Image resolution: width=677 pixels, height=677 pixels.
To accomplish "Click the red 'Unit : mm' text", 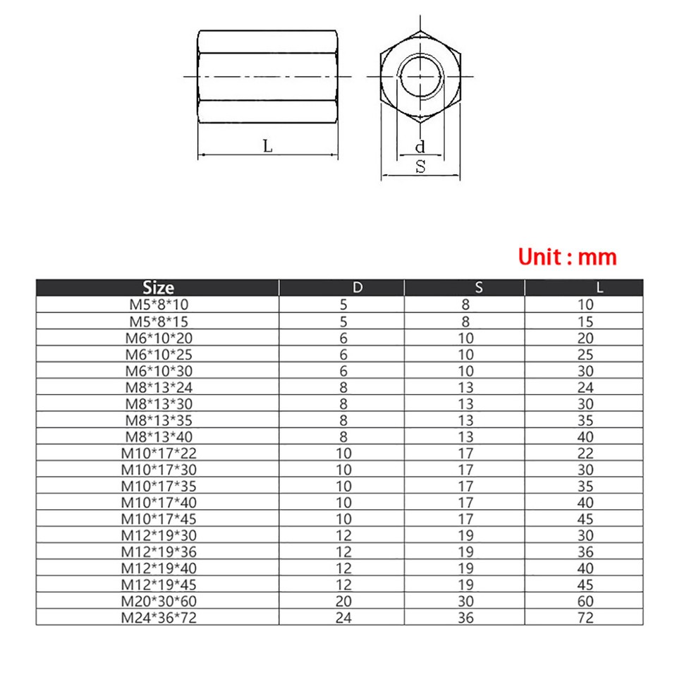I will (x=567, y=256).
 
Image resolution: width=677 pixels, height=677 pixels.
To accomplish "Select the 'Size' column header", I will (x=158, y=288).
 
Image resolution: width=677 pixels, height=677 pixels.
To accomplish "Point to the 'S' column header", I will (x=479, y=288).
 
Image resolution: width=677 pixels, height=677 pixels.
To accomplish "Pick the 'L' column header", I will (x=599, y=288).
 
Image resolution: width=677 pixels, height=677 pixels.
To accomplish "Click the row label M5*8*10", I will (x=158, y=305).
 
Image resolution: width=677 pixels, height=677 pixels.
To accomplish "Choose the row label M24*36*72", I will (x=158, y=618).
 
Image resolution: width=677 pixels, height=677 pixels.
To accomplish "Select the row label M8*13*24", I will (x=158, y=387).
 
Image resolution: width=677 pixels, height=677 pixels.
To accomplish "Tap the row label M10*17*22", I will (x=158, y=453).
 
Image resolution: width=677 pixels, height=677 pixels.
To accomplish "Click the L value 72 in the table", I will (x=585, y=618).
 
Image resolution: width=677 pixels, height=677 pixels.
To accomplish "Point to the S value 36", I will (x=466, y=618).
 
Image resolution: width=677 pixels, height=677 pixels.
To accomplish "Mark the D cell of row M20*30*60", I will (x=343, y=602).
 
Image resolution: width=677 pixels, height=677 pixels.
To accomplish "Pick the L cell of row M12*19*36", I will (x=585, y=552).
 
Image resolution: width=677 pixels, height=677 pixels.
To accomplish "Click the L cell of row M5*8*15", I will (x=585, y=322).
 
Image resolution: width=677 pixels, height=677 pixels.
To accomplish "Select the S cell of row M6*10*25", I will (x=466, y=355).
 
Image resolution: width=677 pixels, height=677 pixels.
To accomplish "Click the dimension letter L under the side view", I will (x=267, y=146).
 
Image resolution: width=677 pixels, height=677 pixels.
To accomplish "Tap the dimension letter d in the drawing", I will (x=420, y=147).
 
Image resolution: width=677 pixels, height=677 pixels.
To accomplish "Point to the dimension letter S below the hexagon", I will (x=420, y=167).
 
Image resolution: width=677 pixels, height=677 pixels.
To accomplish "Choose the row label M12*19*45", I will (x=158, y=585).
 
